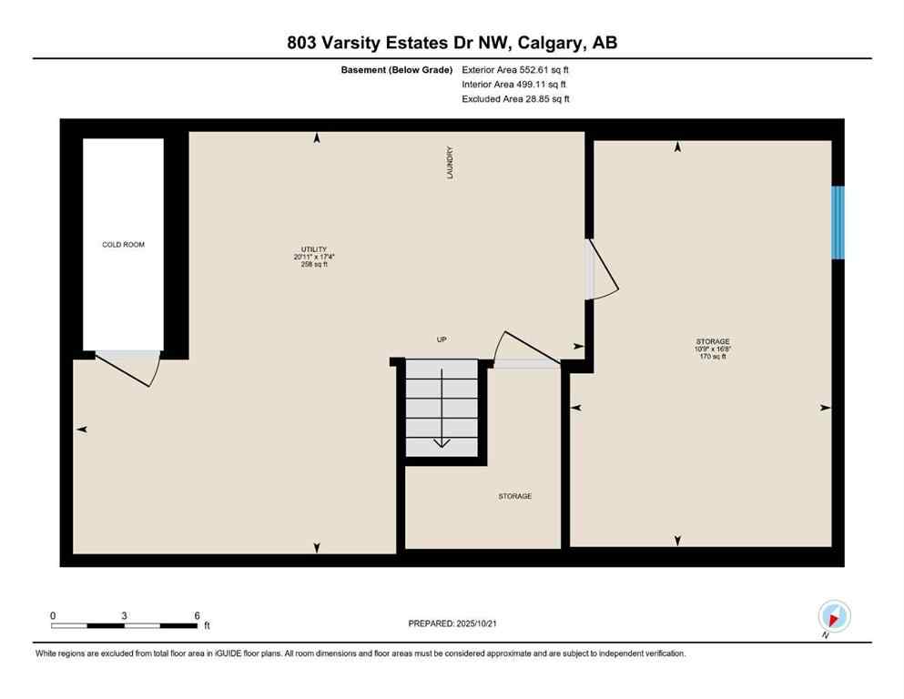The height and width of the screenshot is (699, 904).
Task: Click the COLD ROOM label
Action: pos(123,245)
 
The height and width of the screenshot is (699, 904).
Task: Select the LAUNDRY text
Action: pos(450,163)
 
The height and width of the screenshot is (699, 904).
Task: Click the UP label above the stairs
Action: pos(442,339)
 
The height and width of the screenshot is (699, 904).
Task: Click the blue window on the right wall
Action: pos(838,222)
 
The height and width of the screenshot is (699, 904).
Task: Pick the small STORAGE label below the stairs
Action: pos(514,496)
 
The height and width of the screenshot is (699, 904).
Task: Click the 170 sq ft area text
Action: pos(713,357)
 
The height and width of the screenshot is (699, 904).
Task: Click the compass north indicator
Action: pos(834,616)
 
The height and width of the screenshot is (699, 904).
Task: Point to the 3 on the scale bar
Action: pos(123,615)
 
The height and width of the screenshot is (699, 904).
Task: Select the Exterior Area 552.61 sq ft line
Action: pos(515,69)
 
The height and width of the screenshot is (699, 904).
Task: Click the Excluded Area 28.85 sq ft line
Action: pos(515,99)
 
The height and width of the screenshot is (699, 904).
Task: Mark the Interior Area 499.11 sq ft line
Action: pos(515,85)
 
